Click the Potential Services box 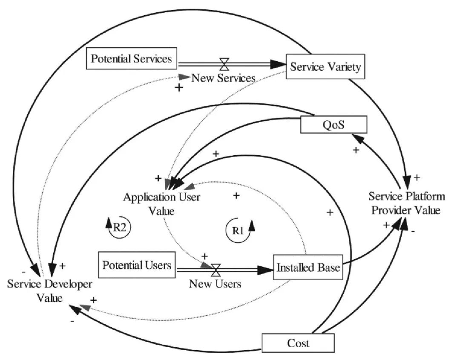coord(132,58)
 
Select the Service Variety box coord(326,66)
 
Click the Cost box coord(298,343)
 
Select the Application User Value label coord(161,203)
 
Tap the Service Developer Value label coord(49,291)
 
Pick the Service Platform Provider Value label coord(407,203)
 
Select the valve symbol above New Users coord(216,269)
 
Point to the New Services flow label coord(223,78)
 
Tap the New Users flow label coord(215,283)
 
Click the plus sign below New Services coord(179,88)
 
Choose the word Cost coord(298,343)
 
